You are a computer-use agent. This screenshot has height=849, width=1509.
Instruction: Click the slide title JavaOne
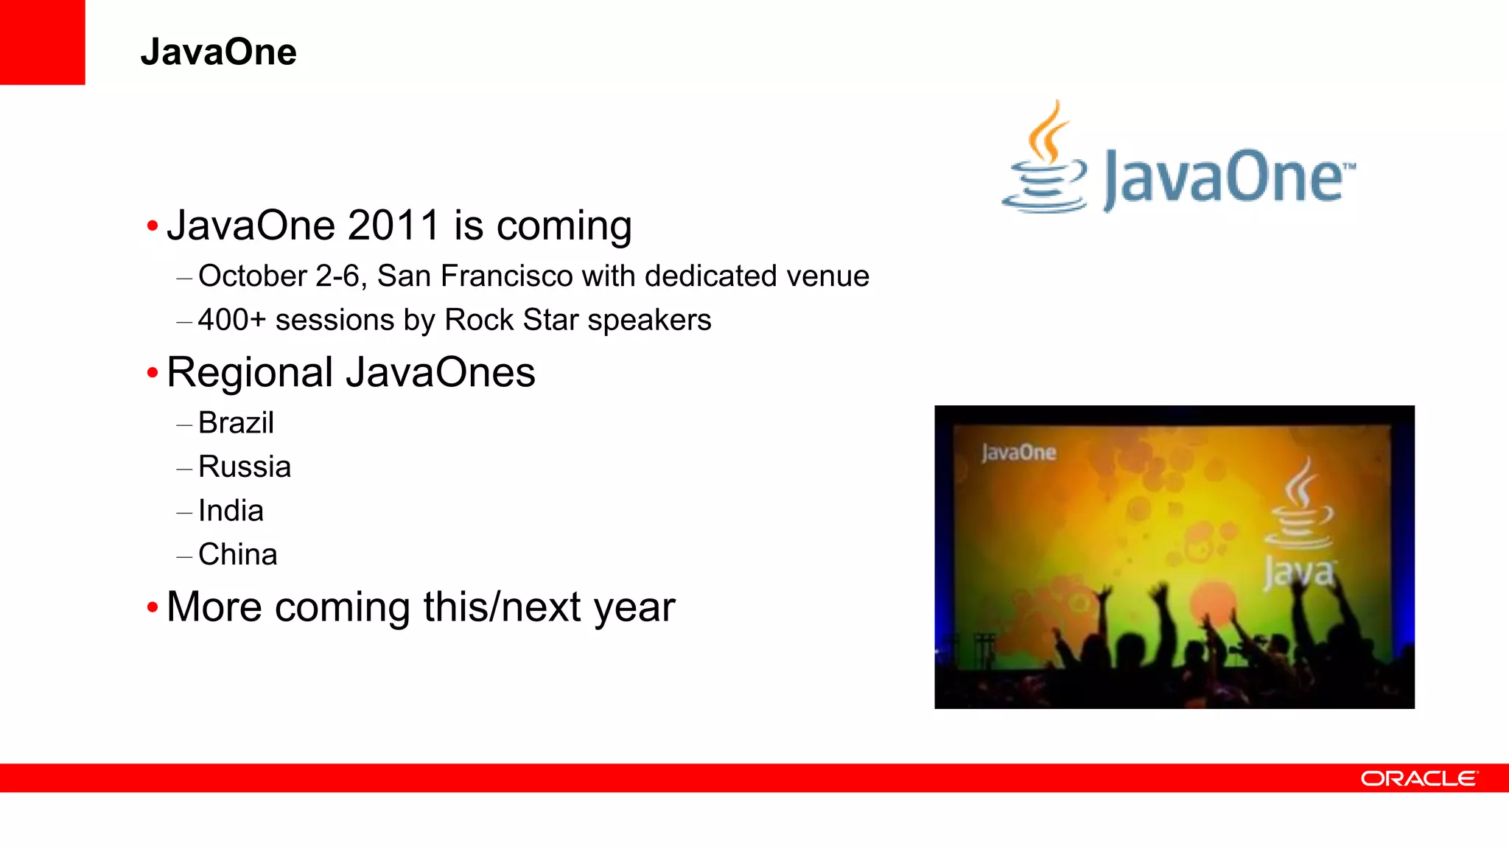(218, 52)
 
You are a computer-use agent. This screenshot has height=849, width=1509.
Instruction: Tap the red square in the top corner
(42, 42)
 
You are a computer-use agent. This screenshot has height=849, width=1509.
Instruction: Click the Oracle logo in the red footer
(1418, 779)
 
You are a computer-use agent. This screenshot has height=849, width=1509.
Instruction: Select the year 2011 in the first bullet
(393, 226)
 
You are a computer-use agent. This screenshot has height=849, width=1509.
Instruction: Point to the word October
(252, 276)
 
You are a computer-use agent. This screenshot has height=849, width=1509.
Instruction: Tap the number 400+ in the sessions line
(231, 321)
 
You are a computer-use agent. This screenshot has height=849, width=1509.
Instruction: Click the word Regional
(250, 373)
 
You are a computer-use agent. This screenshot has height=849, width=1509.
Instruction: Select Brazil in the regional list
(236, 423)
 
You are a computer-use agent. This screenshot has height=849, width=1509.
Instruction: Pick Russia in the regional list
(245, 467)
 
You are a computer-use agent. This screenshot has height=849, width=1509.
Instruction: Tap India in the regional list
(231, 511)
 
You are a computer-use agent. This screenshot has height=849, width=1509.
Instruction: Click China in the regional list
(237, 555)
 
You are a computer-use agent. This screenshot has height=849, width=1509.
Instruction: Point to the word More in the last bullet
(214, 607)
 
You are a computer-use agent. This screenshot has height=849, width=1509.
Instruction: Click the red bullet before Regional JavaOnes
(153, 373)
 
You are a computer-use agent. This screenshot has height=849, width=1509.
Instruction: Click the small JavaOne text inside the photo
(1018, 453)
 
